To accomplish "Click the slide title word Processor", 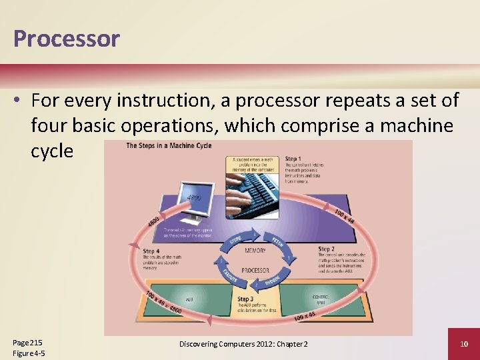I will click(66, 39).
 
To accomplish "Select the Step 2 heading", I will click(326, 249).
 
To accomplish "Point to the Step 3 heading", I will click(245, 299).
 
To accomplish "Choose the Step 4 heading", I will click(151, 252).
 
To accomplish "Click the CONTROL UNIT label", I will click(321, 299).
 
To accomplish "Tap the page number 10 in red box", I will click(463, 343).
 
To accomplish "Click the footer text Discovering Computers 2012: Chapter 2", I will click(243, 343).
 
